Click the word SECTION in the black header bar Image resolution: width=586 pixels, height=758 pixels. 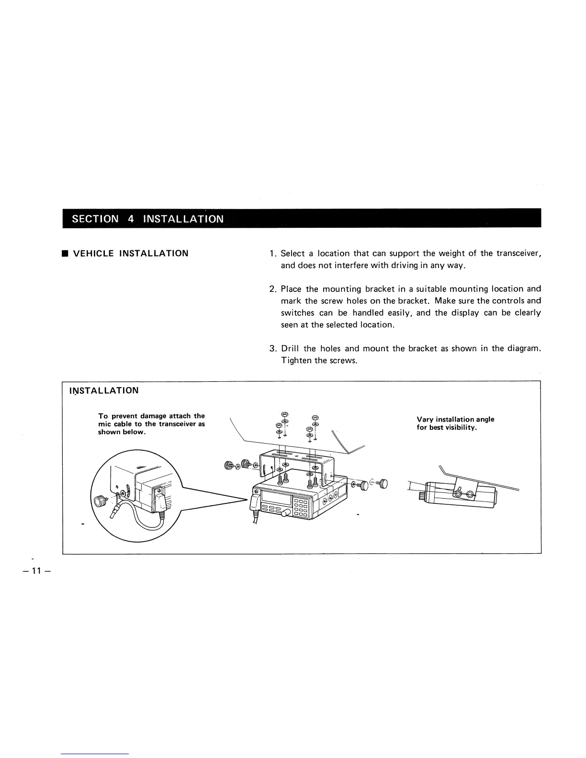coord(95,219)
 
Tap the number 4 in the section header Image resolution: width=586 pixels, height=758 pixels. coord(131,219)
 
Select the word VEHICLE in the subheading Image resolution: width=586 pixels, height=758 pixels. coord(93,253)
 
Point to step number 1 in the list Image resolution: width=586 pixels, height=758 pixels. coord(272,253)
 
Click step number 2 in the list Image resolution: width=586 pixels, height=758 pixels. coord(272,289)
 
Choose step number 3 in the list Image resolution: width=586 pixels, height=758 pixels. coord(272,349)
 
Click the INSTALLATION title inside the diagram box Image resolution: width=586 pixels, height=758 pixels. coord(104,390)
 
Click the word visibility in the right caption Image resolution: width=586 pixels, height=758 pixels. coord(459,427)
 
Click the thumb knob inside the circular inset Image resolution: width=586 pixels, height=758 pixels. coord(101,501)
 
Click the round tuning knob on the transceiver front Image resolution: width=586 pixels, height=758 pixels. coord(286,513)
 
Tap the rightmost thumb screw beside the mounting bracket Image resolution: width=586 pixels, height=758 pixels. coord(383,484)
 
